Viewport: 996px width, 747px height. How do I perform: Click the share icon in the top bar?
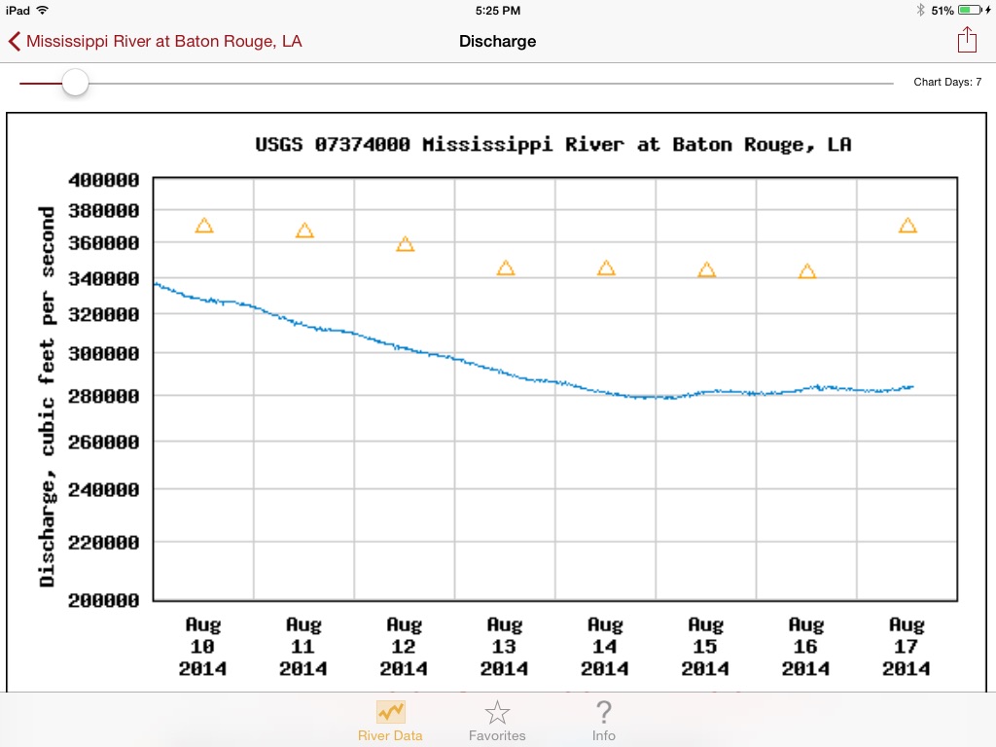pos(966,40)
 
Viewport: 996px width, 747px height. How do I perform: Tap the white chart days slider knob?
pos(75,83)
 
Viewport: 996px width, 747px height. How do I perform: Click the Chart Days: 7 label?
pos(946,83)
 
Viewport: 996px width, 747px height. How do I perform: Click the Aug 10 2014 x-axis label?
pos(203,647)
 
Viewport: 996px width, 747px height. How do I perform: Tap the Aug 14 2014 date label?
pos(605,647)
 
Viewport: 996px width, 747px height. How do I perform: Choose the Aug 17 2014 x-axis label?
pos(907,647)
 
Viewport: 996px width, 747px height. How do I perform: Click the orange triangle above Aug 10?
pos(203,226)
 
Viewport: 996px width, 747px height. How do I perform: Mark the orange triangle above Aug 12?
pos(406,244)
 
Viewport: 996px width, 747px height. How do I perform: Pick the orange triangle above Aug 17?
pos(907,226)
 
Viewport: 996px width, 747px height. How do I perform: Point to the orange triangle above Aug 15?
pos(706,270)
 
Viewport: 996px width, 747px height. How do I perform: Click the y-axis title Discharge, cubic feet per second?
pos(47,396)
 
